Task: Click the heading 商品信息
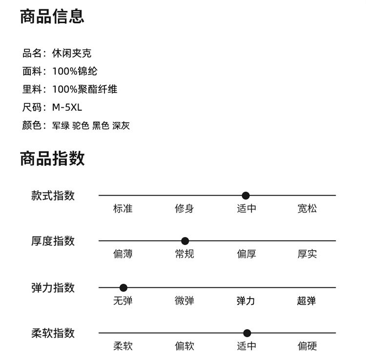tap(52, 16)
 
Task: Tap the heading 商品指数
tap(52, 159)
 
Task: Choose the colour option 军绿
tap(61, 125)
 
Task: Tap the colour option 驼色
tap(81, 125)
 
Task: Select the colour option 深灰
tap(121, 125)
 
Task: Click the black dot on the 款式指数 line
tap(245, 196)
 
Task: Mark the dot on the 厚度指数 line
tap(185, 241)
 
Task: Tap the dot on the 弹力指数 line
tap(123, 288)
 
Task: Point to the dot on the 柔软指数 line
tap(247, 333)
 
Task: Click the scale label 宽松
tap(307, 209)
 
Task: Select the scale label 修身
tap(184, 209)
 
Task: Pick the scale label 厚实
tap(307, 254)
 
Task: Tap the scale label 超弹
tap(307, 301)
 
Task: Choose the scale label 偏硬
tap(307, 346)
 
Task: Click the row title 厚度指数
tap(53, 241)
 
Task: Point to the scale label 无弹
tap(122, 301)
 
